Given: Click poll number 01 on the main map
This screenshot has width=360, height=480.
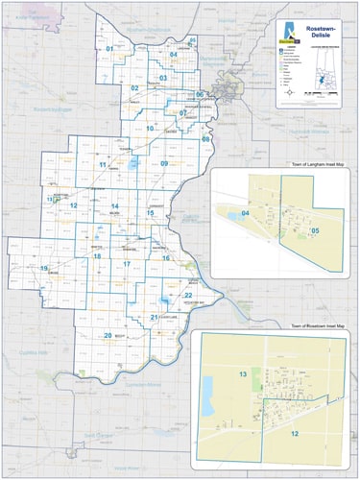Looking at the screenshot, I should [x=110, y=49].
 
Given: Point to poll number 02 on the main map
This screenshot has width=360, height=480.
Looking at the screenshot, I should [x=135, y=87].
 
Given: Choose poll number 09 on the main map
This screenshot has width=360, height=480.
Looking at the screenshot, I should [x=164, y=164].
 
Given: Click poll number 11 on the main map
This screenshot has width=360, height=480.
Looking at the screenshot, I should [x=103, y=165].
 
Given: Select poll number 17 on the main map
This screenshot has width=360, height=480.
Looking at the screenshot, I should [x=126, y=263].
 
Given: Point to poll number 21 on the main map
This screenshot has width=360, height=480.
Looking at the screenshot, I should [x=154, y=317].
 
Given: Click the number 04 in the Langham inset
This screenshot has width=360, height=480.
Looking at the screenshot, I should [x=246, y=212].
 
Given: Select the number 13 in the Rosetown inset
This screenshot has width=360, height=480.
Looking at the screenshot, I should [x=243, y=373].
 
